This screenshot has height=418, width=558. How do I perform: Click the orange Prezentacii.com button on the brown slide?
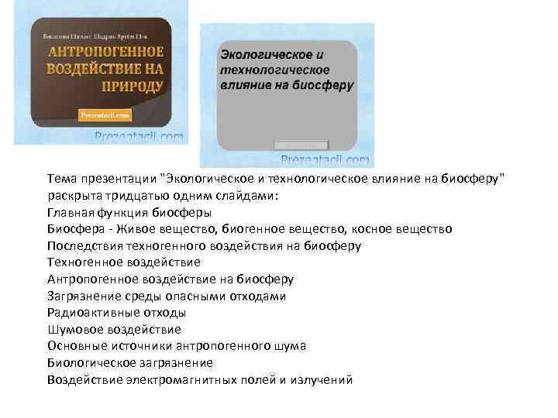(105, 115)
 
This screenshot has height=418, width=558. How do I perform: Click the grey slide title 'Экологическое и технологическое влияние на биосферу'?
(287, 70)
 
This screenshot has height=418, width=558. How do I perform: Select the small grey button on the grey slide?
(302, 145)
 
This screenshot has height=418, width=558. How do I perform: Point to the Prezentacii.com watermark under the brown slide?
(139, 137)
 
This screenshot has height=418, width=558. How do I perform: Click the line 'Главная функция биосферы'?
(129, 212)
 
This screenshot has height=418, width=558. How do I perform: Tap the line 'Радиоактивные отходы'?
(116, 313)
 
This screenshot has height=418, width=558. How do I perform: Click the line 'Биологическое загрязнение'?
(129, 362)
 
